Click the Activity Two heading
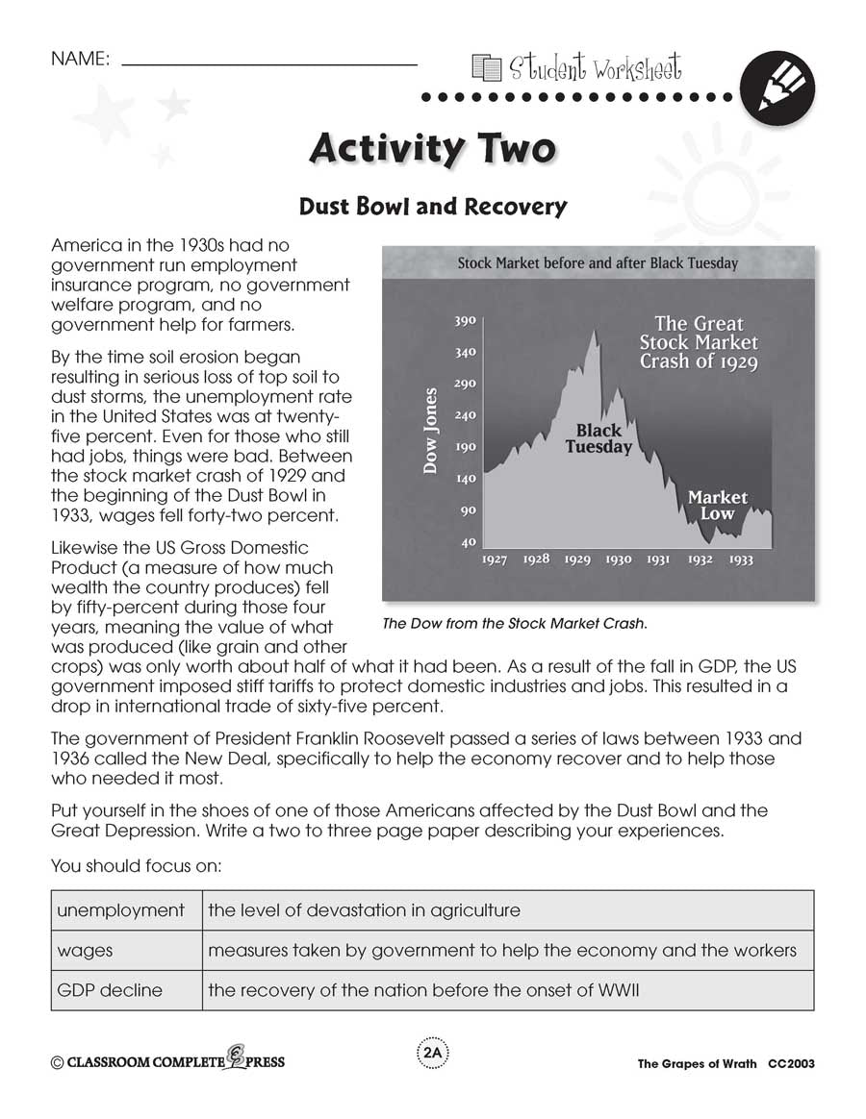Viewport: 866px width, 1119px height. tap(432, 149)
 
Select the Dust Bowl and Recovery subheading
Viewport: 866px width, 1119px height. tap(432, 207)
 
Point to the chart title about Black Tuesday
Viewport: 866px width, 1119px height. tap(598, 262)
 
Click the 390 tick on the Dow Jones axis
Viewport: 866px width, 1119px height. tap(465, 321)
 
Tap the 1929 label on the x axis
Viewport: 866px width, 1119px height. tap(576, 559)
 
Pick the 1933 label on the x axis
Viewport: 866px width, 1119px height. tap(740, 559)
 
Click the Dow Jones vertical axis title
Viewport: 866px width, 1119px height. tap(431, 430)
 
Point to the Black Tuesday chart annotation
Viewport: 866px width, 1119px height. tap(599, 439)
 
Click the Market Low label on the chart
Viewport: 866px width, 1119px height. tap(717, 505)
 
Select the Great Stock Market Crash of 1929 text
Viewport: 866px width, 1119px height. tap(699, 343)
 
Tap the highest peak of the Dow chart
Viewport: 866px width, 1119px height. tap(594, 332)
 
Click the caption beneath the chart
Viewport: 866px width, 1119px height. tap(515, 623)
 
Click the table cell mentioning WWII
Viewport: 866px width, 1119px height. tap(423, 990)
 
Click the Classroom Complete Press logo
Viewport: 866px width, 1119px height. tap(168, 1061)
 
